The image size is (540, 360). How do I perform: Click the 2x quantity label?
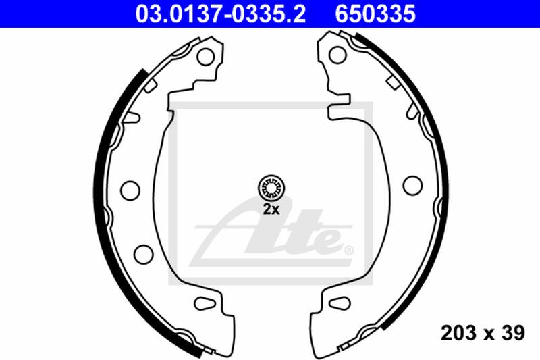271,209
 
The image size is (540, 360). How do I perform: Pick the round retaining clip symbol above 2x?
271,186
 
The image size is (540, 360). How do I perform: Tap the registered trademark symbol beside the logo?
349,251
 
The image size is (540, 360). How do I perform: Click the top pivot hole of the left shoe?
204,58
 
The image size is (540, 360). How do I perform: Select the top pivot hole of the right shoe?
335,58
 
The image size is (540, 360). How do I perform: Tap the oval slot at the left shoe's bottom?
203,302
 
